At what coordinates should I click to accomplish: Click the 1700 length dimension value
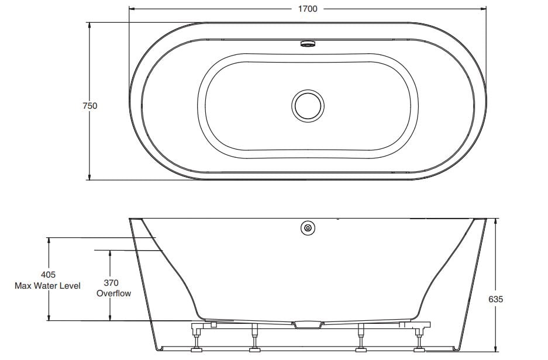click(307, 9)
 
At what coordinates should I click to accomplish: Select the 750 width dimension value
click(89, 106)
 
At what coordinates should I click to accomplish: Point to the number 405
click(49, 275)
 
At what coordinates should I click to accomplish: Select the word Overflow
click(113, 293)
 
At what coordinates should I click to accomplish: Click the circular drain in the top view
click(307, 105)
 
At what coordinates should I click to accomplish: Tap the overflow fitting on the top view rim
click(307, 43)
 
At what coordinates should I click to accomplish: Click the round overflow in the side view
click(308, 229)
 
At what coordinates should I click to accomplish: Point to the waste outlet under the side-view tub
click(307, 324)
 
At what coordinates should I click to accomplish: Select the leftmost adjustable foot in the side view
click(196, 349)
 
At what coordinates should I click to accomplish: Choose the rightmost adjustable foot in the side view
click(419, 349)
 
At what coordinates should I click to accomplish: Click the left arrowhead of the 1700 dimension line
click(132, 9)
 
